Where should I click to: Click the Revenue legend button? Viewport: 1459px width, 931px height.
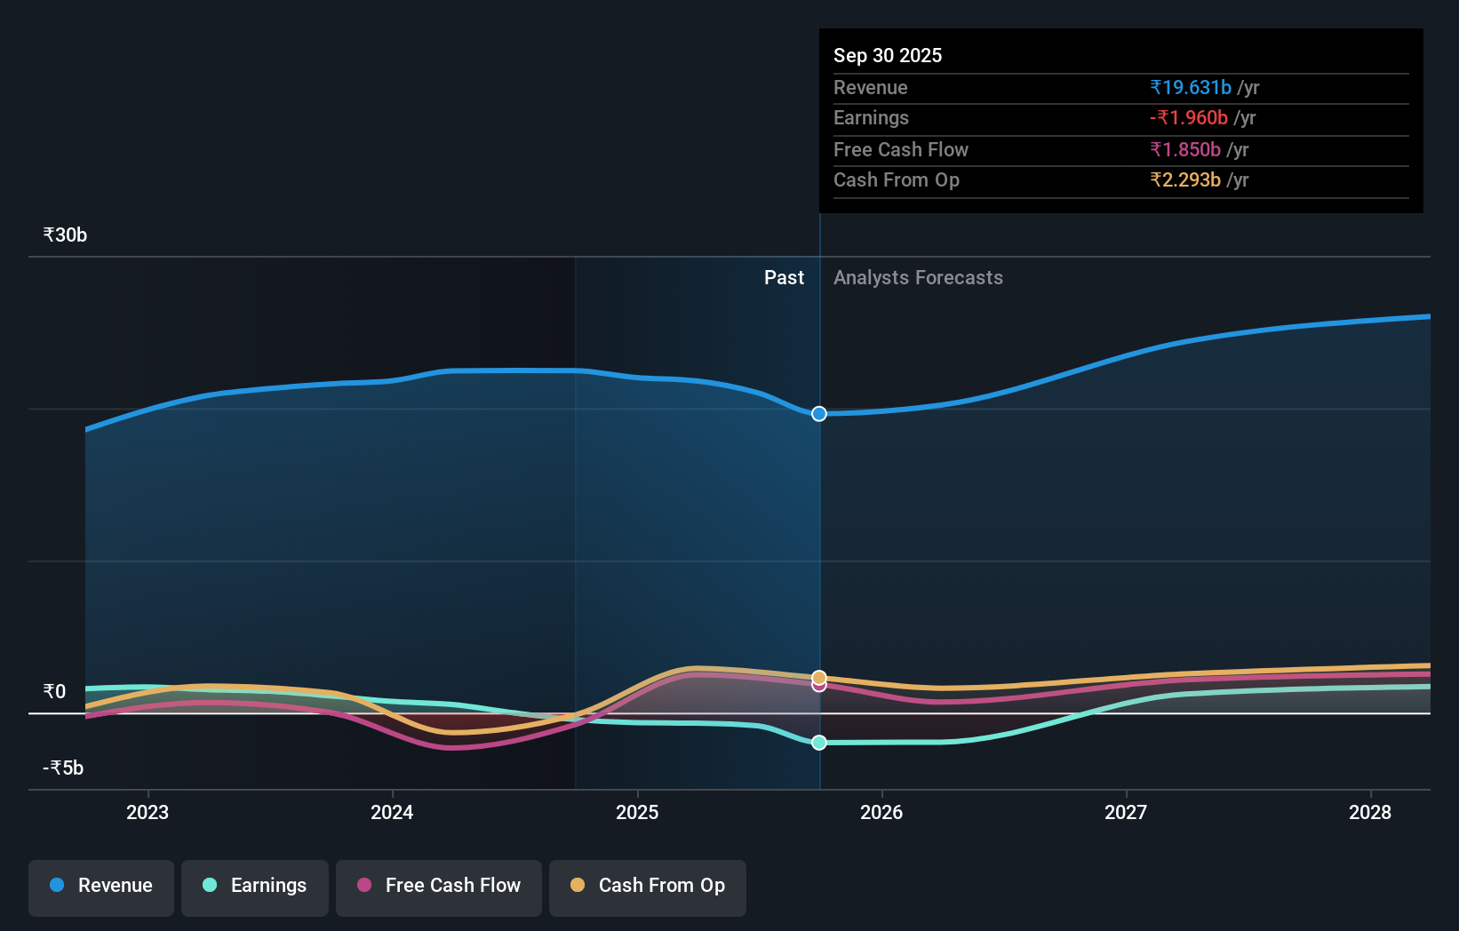pos(101,886)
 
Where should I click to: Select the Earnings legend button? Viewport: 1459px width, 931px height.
pos(255,886)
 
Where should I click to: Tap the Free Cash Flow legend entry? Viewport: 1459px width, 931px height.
pos(439,886)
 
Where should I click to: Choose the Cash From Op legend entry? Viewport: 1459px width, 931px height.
pos(648,886)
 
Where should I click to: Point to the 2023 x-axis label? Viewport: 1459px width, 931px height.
pos(147,812)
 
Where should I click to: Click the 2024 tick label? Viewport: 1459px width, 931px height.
pos(392,812)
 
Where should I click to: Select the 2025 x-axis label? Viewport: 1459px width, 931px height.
pos(637,812)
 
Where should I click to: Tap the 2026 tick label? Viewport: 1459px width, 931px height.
pos(881,812)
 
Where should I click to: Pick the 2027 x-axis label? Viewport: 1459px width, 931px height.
pos(1126,812)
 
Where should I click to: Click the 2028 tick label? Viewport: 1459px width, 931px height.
pos(1370,812)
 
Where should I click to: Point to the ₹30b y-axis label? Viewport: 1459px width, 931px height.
pos(65,235)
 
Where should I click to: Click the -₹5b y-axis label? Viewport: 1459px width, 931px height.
pos(63,768)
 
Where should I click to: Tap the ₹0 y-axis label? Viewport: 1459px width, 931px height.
pos(54,691)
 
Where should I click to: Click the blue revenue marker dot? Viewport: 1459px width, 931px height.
pos(819,414)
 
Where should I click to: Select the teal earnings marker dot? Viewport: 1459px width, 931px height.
pos(819,743)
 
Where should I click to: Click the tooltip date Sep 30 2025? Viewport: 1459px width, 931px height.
pos(888,55)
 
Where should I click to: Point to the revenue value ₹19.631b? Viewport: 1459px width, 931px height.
pos(1191,87)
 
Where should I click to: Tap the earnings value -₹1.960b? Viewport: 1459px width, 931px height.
pos(1189,117)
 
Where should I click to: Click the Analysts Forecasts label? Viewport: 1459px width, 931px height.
pos(918,278)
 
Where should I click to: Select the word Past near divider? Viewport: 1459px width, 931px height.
pos(784,278)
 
